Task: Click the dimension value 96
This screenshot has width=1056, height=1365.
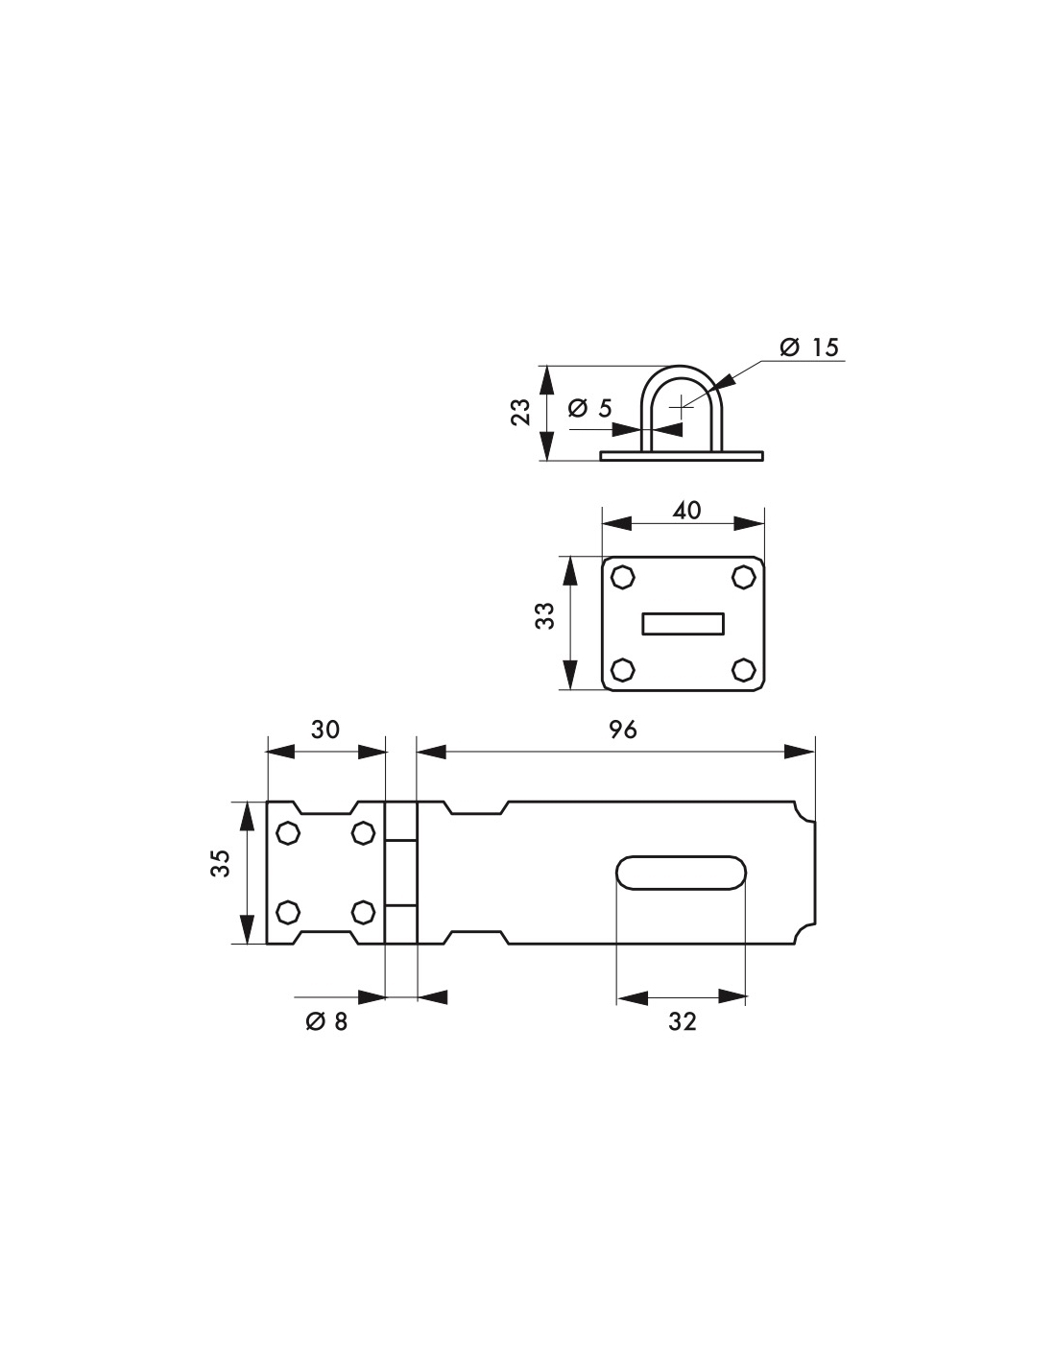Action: [x=622, y=730]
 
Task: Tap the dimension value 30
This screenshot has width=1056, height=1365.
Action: [x=325, y=730]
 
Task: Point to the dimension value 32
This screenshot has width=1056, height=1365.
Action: [x=683, y=1022]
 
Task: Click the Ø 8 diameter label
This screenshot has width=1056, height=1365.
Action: [x=326, y=1022]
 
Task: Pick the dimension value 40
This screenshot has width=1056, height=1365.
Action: [x=686, y=510]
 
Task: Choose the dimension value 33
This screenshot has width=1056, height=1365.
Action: [x=545, y=615]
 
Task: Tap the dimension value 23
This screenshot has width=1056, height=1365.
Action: [x=520, y=412]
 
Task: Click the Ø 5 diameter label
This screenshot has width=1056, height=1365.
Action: [x=589, y=408]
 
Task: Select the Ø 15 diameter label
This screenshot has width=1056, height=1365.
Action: [x=809, y=347]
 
